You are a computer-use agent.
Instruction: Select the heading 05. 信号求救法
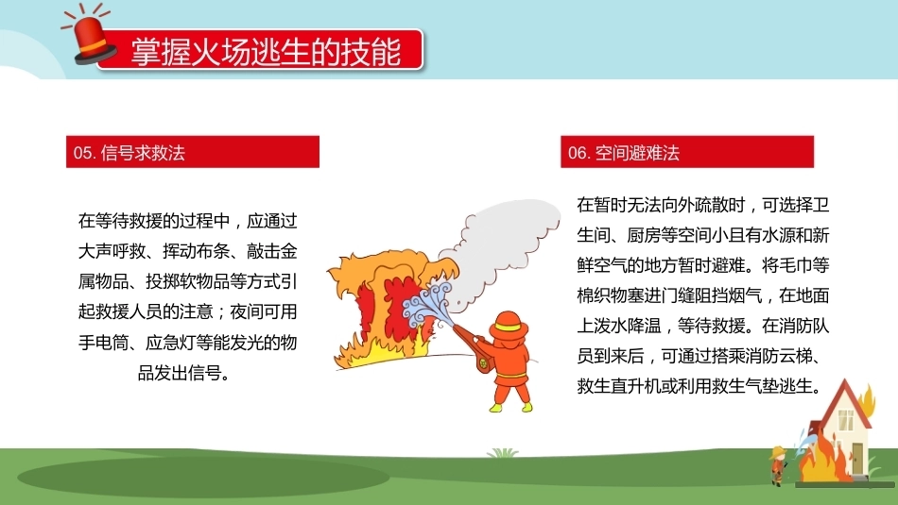click(x=129, y=153)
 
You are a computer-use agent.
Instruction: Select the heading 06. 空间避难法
click(x=624, y=153)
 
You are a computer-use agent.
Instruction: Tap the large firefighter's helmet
click(x=508, y=326)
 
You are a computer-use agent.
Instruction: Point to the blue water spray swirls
click(x=426, y=303)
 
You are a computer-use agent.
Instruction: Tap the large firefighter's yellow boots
click(x=510, y=407)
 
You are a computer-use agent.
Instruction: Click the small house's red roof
click(x=845, y=400)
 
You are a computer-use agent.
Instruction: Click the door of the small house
click(x=857, y=459)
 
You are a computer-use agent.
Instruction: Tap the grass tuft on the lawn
click(x=503, y=453)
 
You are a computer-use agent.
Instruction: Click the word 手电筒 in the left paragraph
click(x=104, y=343)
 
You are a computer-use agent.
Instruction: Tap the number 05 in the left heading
click(x=82, y=153)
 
